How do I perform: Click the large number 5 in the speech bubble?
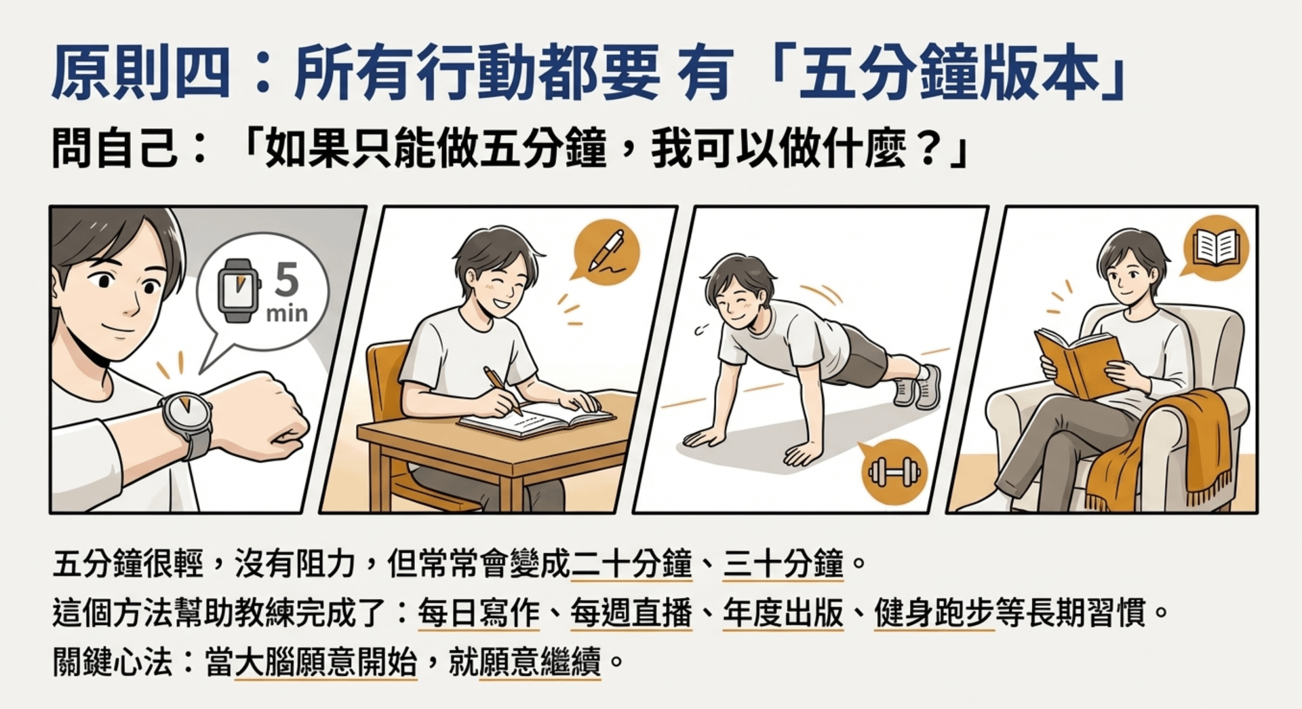(x=287, y=279)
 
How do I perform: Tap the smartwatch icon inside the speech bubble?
(x=237, y=290)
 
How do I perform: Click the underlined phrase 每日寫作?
(x=479, y=613)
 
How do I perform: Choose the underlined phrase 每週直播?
(x=631, y=613)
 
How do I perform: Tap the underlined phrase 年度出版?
(x=783, y=613)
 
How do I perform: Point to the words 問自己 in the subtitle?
(x=115, y=149)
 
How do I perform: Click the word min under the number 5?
(x=287, y=313)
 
